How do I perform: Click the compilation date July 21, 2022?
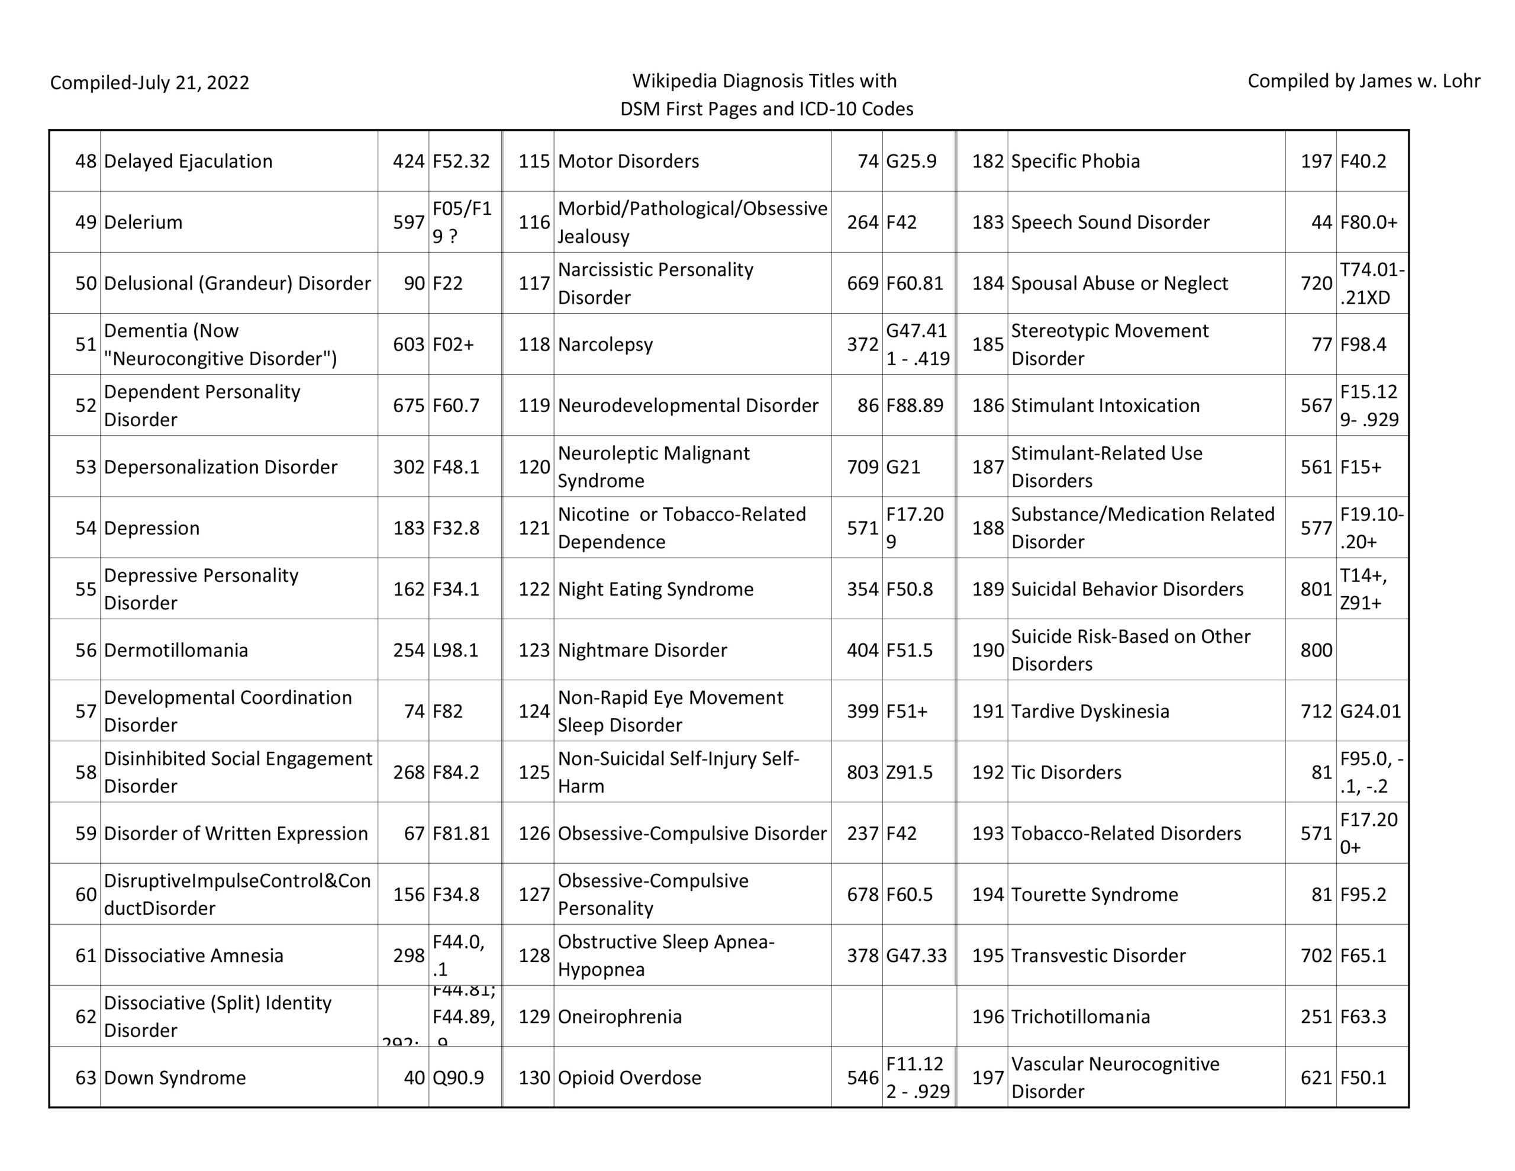[x=149, y=83]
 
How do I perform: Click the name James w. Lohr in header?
[x=1363, y=81]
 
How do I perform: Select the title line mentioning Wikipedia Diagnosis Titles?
[x=764, y=81]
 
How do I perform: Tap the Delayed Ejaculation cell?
[x=188, y=161]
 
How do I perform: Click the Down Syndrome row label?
[x=175, y=1077]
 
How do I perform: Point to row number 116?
[x=533, y=222]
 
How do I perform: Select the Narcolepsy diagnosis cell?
[x=605, y=345]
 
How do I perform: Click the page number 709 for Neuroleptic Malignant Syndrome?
[x=862, y=467]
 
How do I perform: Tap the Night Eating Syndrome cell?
[x=655, y=588]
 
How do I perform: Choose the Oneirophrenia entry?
[x=620, y=1016]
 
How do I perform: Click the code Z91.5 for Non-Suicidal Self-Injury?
[x=909, y=772]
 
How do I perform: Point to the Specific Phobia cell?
[x=1075, y=161]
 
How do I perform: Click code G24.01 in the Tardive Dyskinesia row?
[x=1370, y=711]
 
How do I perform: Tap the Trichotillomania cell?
[x=1080, y=1016]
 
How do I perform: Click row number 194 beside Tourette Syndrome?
[x=987, y=894]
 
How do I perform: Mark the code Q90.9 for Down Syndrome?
[x=458, y=1077]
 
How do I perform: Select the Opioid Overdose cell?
[x=629, y=1077]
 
